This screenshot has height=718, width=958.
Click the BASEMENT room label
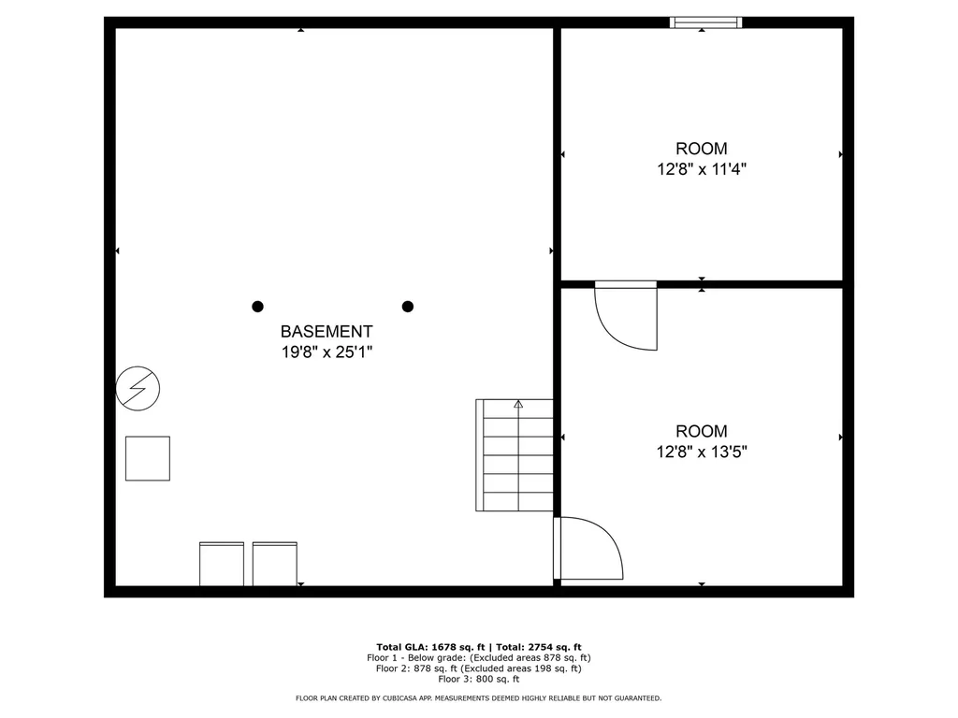(x=327, y=331)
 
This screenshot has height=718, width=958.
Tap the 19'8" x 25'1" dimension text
(x=327, y=352)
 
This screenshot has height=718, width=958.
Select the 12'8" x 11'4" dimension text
(x=701, y=169)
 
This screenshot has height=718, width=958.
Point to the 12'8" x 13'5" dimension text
(x=701, y=452)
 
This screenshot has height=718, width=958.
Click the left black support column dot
(x=257, y=306)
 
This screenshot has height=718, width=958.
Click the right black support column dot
(x=408, y=306)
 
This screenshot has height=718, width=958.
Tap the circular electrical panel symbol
(x=138, y=387)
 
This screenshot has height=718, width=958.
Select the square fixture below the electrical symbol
(x=148, y=458)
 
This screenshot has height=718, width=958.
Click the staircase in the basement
(x=515, y=455)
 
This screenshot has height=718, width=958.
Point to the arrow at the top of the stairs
(x=518, y=405)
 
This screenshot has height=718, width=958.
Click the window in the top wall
(x=706, y=22)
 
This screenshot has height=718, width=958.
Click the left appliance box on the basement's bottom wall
(x=222, y=564)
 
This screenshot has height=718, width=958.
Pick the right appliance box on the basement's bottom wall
(x=275, y=564)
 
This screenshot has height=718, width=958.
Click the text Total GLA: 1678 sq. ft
(x=427, y=647)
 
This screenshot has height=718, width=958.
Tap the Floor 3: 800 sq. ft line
(x=478, y=680)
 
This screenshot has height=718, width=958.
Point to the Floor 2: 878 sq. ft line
(x=478, y=668)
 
